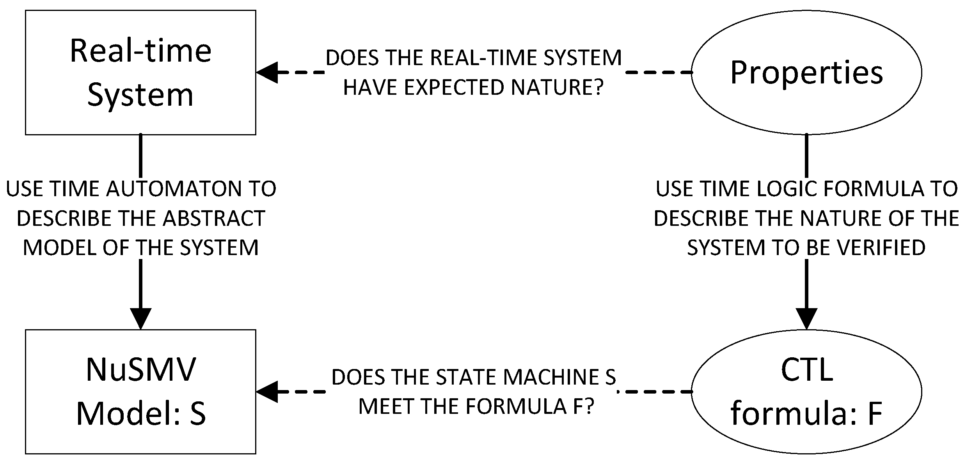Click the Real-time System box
coord(140,73)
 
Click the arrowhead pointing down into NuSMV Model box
coord(140,318)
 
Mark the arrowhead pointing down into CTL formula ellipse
coord(806,318)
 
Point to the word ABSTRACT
coord(214,218)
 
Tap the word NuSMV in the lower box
coord(140,369)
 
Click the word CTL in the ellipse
coord(807,369)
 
